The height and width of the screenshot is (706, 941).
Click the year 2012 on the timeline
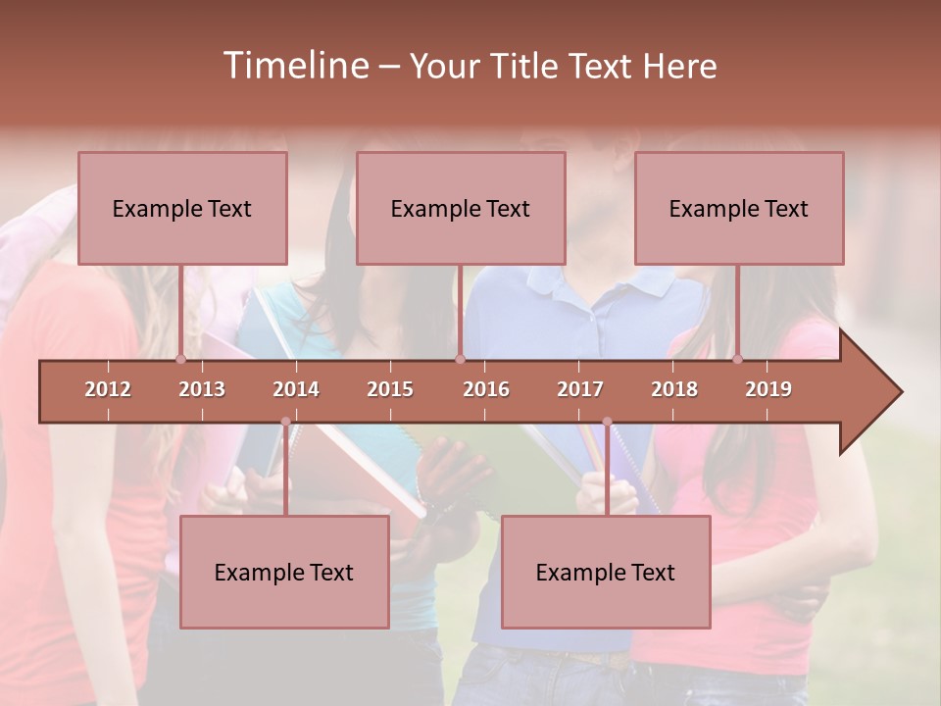[108, 389]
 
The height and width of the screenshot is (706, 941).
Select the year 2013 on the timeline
[202, 389]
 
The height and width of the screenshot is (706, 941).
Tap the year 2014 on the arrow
[296, 389]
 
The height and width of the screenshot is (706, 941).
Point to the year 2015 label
[390, 389]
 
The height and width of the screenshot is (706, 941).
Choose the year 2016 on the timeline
[486, 389]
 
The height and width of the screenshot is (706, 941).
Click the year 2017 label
[580, 389]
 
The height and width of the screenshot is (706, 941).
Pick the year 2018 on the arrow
[674, 389]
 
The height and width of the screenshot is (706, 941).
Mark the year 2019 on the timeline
[768, 389]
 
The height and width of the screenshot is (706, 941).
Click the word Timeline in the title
[294, 66]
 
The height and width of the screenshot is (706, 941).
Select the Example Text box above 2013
[182, 208]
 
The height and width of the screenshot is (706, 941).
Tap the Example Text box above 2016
[461, 208]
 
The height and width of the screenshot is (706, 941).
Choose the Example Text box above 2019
[739, 208]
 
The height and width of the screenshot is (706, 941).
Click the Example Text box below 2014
[284, 572]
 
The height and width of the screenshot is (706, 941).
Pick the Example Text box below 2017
[606, 572]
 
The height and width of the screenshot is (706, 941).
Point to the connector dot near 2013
[181, 359]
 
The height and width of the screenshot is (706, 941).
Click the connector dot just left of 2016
[460, 359]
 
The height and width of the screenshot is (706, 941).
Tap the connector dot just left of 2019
[738, 359]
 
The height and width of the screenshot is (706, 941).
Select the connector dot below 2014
[285, 422]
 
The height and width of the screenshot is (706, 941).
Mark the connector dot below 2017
[607, 422]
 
